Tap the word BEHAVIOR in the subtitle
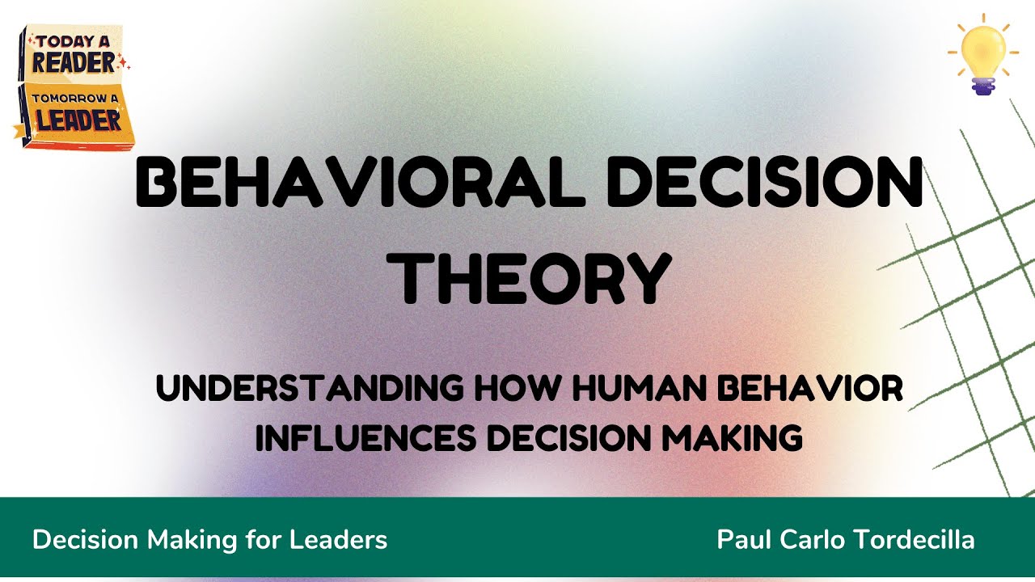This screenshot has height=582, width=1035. coord(811,390)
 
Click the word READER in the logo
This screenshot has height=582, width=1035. coord(74,63)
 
